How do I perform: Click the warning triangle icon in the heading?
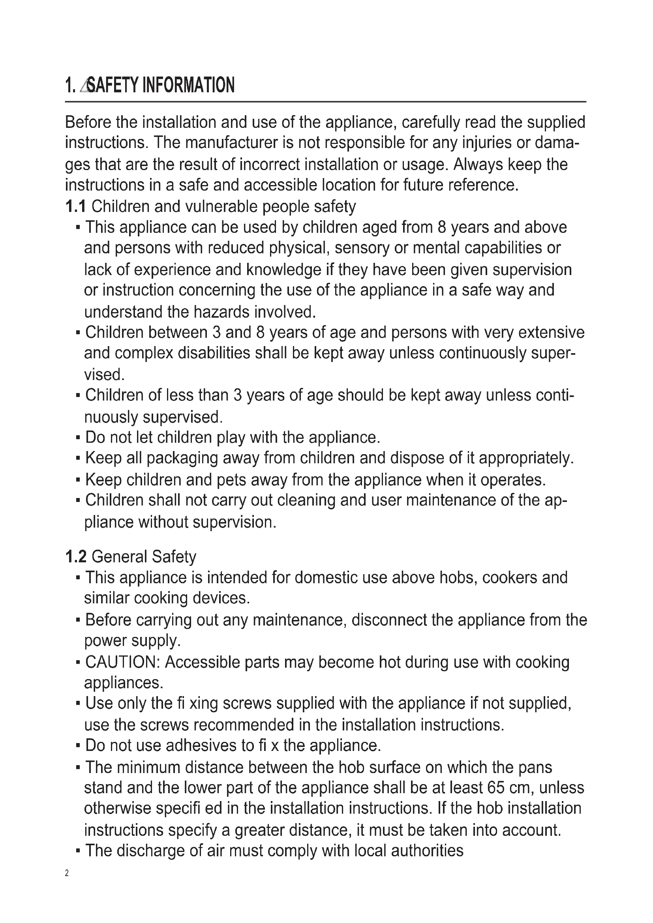84,86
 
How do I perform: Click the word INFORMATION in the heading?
189,85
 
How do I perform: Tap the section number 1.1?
75,207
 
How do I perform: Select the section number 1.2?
75,557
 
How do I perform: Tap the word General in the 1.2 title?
113,557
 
